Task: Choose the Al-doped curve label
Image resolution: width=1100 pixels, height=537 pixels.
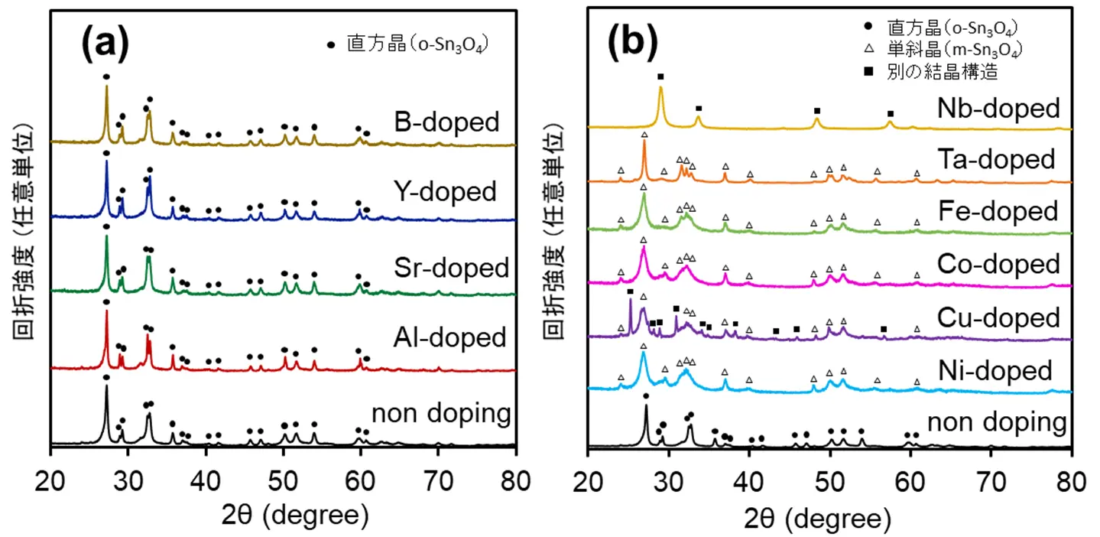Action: (x=452, y=337)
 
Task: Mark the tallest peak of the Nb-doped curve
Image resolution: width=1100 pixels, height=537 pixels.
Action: (x=660, y=89)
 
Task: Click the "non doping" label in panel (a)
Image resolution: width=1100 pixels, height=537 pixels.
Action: (x=441, y=414)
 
